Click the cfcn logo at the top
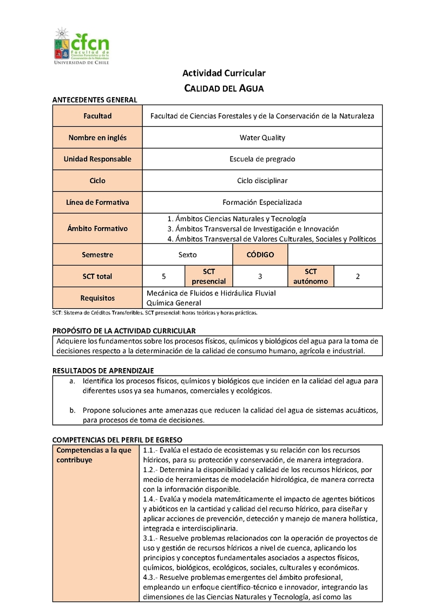82,46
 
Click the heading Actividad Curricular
224,73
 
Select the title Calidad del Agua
224,88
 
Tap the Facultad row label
97,116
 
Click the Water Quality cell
263,138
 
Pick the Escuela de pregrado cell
263,159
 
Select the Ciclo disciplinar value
263,180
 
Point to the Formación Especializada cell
263,202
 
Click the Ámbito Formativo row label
97,229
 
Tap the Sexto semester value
188,255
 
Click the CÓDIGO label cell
260,255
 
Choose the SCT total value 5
164,276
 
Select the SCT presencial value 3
260,276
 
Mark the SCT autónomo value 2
358,276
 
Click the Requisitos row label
97,298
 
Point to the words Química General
174,303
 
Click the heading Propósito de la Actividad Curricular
124,331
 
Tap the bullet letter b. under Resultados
72,410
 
